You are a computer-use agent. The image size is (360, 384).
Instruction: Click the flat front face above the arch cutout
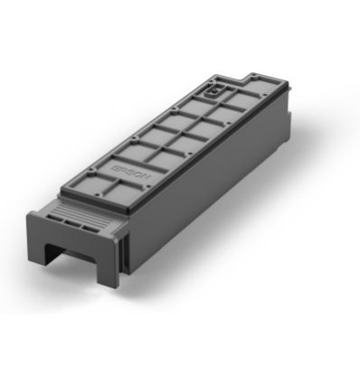pyautogui.click(x=77, y=237)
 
